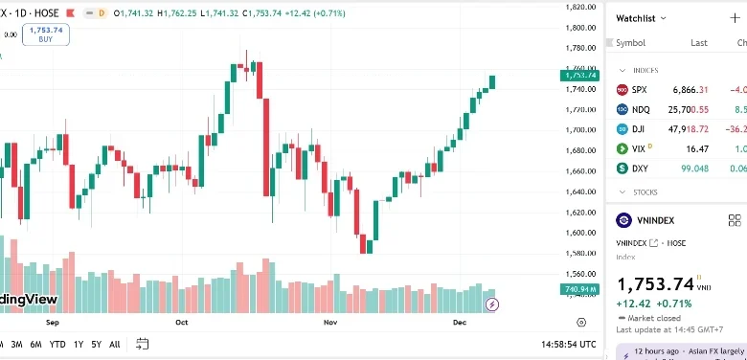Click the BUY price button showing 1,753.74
(x=46, y=34)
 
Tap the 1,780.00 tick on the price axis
(x=581, y=48)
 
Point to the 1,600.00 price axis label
(x=581, y=233)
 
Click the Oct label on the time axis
(x=182, y=324)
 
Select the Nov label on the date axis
(x=331, y=324)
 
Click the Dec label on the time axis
(x=459, y=324)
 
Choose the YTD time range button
(x=57, y=344)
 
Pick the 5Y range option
(x=97, y=344)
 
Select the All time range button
(x=115, y=344)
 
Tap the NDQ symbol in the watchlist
(x=641, y=109)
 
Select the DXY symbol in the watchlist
(x=641, y=169)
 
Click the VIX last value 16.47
(x=696, y=148)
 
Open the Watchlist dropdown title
(x=641, y=18)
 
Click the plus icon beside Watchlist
(x=735, y=18)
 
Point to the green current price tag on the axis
(x=580, y=75)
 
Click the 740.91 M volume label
(x=579, y=288)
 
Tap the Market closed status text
(x=653, y=317)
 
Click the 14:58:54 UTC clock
(x=568, y=344)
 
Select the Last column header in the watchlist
(x=699, y=43)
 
